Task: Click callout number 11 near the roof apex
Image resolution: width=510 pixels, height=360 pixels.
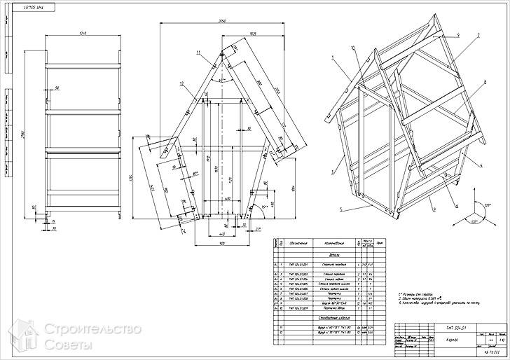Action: point(199,53)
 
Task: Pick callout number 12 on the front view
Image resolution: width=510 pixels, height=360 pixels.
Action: point(181,84)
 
